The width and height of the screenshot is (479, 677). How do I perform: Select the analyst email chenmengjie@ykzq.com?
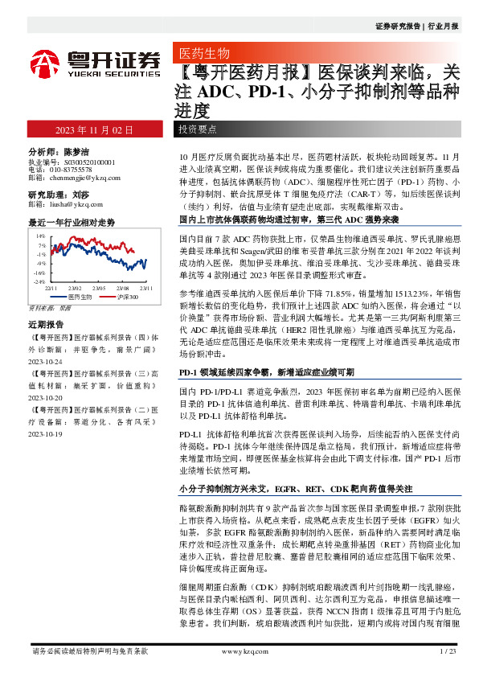74,177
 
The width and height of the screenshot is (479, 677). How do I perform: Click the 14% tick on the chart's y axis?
40,236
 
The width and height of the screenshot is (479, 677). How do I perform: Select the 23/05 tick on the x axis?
98,287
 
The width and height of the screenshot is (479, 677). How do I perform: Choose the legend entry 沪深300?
128,297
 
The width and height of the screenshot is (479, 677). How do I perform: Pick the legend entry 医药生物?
80,297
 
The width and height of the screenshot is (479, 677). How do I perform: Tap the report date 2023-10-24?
48,361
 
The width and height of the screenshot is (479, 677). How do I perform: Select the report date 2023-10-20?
48,397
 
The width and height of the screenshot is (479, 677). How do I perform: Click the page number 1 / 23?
448,650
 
